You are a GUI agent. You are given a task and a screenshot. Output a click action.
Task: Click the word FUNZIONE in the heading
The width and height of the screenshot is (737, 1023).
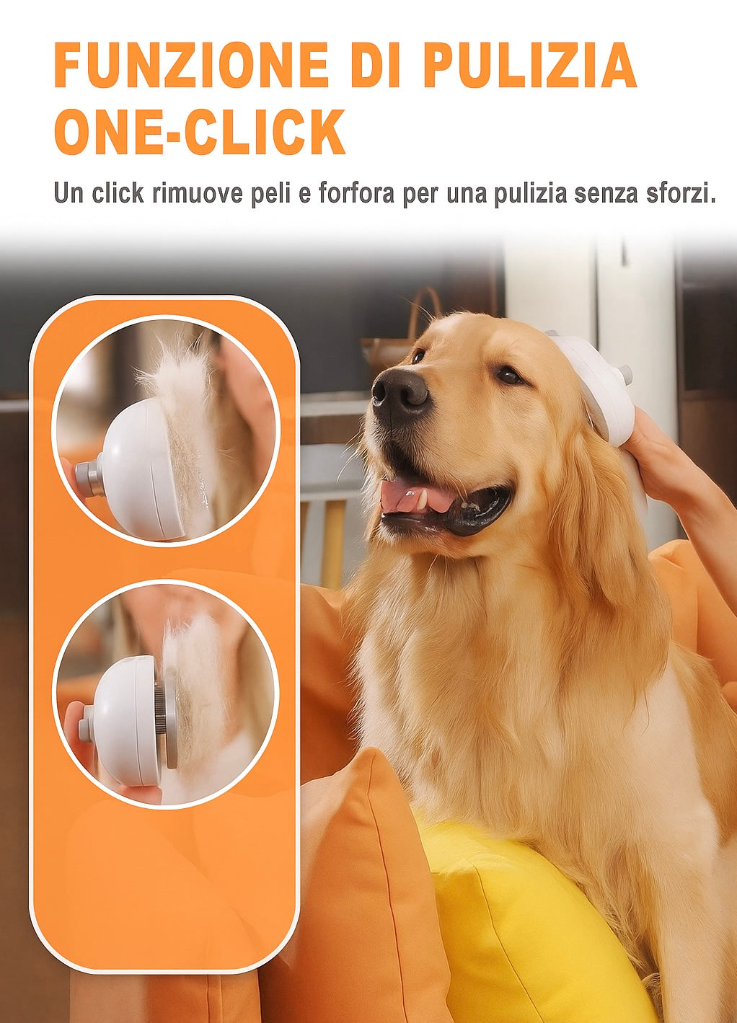pos(191,66)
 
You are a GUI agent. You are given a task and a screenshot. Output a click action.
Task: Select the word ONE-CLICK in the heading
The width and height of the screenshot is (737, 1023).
pos(200,133)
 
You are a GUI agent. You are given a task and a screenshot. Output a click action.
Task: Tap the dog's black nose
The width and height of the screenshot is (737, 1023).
pos(400,393)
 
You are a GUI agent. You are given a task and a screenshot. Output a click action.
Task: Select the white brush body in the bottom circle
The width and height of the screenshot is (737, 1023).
pos(126,721)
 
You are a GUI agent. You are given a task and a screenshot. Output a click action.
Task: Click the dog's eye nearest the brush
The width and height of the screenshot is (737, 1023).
pos(509,375)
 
